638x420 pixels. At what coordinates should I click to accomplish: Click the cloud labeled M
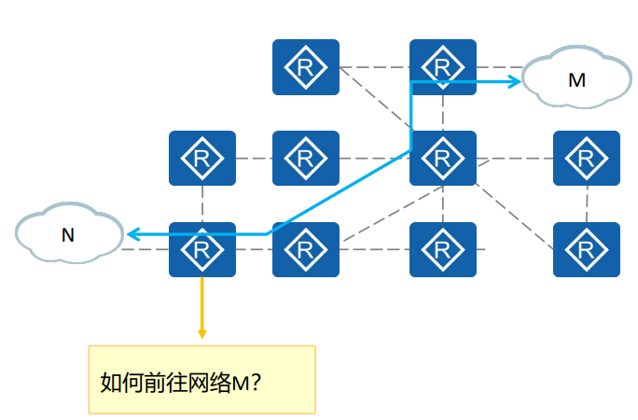pyautogui.click(x=576, y=79)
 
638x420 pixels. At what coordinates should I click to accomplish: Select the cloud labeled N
pyautogui.click(x=68, y=234)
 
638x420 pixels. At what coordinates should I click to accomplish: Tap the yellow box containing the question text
pyautogui.click(x=201, y=380)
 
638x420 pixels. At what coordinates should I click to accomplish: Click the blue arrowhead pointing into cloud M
pyautogui.click(x=515, y=82)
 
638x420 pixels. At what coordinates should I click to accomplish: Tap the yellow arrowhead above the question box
pyautogui.click(x=201, y=332)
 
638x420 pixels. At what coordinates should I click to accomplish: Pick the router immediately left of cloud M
pyautogui.click(x=443, y=67)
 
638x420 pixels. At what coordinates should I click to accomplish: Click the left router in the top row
pyautogui.click(x=305, y=67)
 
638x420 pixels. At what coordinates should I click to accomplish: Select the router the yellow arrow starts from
pyautogui.click(x=201, y=249)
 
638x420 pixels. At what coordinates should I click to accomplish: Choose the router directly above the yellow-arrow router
pyautogui.click(x=201, y=158)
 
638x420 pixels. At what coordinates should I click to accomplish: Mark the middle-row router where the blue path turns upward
pyautogui.click(x=443, y=158)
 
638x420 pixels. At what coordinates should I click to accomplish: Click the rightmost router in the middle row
pyautogui.click(x=586, y=158)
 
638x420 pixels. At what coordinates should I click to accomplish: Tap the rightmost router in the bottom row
pyautogui.click(x=586, y=249)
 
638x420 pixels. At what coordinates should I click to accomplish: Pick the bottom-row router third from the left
pyautogui.click(x=443, y=249)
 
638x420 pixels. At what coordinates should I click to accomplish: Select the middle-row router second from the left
pyautogui.click(x=305, y=158)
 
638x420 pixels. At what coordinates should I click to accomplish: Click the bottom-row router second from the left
pyautogui.click(x=305, y=249)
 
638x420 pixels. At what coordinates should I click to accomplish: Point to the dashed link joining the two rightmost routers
pyautogui.click(x=587, y=203)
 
